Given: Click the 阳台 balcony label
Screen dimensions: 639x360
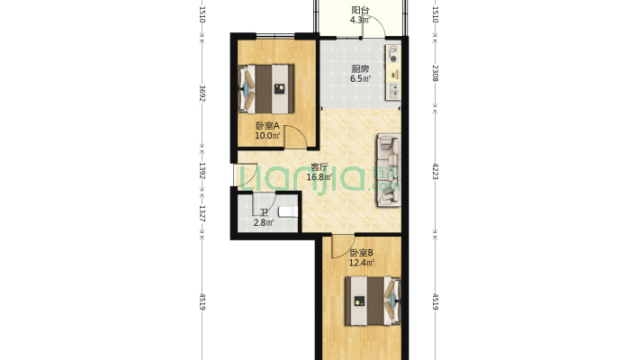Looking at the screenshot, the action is [360, 10].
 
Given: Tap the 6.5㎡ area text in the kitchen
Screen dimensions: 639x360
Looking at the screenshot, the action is [360, 78].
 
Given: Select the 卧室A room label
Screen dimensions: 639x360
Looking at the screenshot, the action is [267, 126].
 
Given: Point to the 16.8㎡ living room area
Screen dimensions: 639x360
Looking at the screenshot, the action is [319, 177].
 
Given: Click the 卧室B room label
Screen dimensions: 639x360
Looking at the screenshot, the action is [362, 253].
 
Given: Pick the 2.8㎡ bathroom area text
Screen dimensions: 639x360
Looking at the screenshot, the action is [264, 222].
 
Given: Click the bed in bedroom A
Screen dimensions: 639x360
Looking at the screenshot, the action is [266, 88].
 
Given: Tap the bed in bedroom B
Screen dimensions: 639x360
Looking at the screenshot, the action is [373, 301].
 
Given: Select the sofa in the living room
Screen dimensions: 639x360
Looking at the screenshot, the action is [389, 170].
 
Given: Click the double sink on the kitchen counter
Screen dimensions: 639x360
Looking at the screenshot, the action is [393, 91].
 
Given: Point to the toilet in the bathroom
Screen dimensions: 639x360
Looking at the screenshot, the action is [288, 212].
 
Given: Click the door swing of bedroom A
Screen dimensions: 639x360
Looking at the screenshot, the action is [295, 137].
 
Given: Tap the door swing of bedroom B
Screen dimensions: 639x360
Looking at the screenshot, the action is [343, 247].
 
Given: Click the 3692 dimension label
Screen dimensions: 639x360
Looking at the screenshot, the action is [202, 93].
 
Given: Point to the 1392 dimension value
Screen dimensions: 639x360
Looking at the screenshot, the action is [202, 170].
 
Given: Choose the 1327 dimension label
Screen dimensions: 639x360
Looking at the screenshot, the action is [202, 213].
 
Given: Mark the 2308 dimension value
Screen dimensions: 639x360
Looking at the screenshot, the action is [435, 73].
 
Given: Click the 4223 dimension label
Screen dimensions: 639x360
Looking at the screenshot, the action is [435, 171].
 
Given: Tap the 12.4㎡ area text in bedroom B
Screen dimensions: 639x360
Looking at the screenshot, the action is [362, 263].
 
